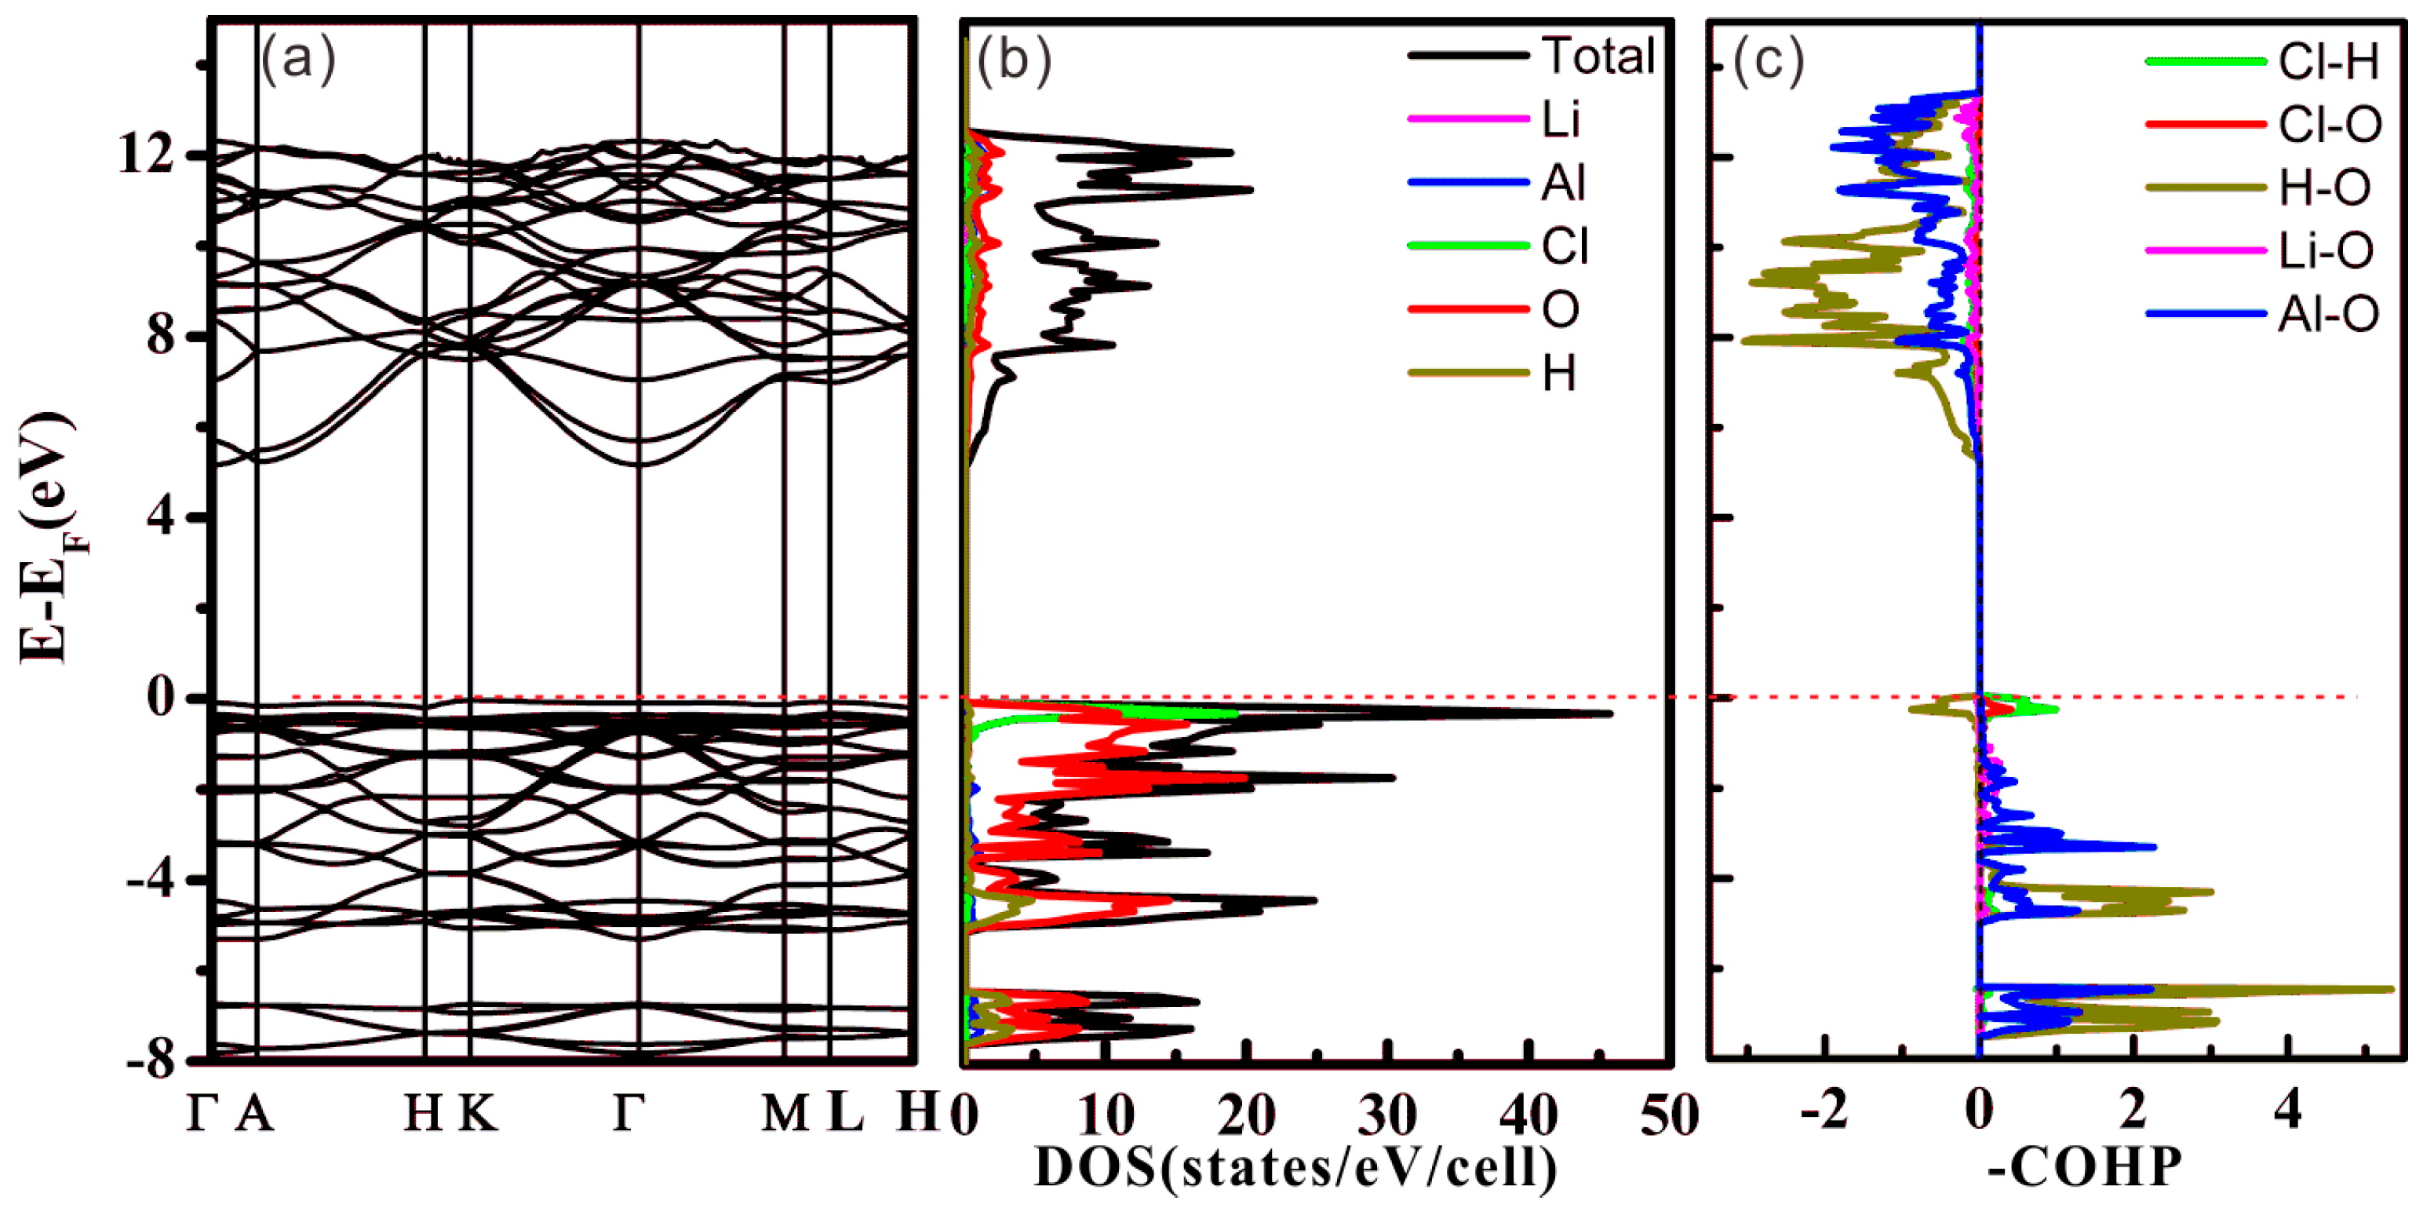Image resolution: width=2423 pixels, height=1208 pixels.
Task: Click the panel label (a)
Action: pyautogui.click(x=297, y=62)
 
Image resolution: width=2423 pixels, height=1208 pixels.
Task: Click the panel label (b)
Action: pyautogui.click(x=1013, y=62)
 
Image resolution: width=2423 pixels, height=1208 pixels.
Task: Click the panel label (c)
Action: pyautogui.click(x=1769, y=62)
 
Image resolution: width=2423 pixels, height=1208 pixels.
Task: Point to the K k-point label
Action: pyautogui.click(x=478, y=1114)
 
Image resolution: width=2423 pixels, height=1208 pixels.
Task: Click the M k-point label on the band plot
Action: pyautogui.click(x=785, y=1114)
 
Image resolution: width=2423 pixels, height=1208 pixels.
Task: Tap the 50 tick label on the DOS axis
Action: pyautogui.click(x=1670, y=1115)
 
